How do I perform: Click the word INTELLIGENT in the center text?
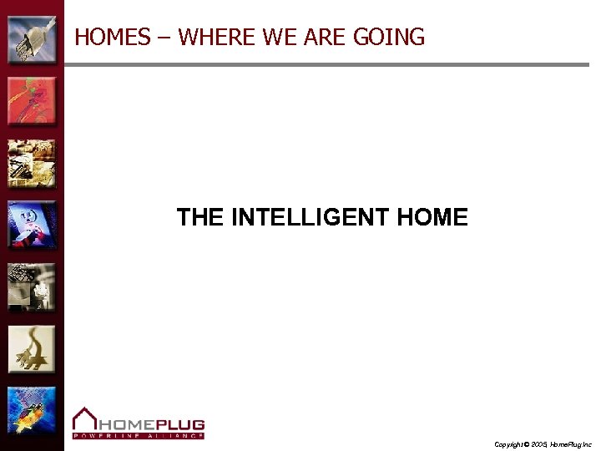click(x=310, y=218)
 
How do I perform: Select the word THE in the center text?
click(x=199, y=218)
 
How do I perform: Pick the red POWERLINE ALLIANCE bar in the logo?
click(x=138, y=435)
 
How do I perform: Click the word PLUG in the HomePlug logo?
click(x=176, y=423)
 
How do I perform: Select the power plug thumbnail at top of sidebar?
click(x=32, y=39)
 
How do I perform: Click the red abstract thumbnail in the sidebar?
click(x=32, y=101)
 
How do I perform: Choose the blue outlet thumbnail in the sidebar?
click(x=32, y=225)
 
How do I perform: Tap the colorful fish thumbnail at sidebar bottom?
click(x=32, y=410)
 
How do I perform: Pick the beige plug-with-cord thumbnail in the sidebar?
click(x=32, y=348)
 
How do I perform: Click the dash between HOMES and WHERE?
click(x=164, y=38)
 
